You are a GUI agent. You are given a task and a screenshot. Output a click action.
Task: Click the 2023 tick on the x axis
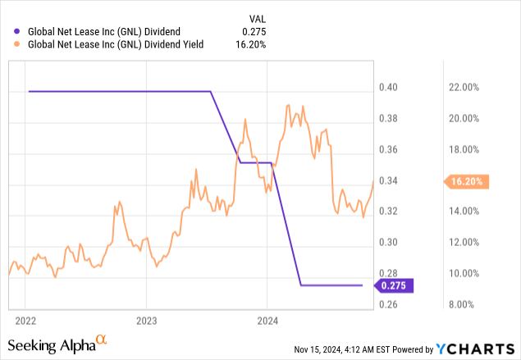click(146, 320)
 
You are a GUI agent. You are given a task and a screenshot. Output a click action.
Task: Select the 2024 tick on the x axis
click(267, 320)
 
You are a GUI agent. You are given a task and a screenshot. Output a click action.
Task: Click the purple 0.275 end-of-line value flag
click(394, 285)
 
